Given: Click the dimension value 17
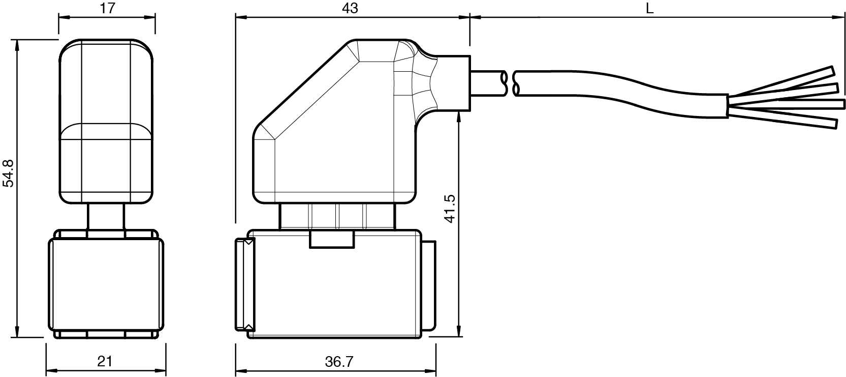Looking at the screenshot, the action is (x=108, y=8).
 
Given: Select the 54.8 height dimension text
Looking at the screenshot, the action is (x=8, y=173).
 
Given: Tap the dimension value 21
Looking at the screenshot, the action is (x=105, y=362).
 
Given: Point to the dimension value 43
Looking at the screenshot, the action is (x=350, y=8).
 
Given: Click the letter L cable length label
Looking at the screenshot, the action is (x=649, y=8).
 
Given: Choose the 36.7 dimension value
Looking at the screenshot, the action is (x=339, y=362).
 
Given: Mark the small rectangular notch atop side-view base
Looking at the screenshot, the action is (x=332, y=239).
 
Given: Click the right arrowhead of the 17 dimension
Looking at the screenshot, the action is (x=150, y=17).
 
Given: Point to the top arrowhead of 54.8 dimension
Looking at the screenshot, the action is (x=17, y=45).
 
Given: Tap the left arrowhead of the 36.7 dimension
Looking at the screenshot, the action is (x=240, y=370).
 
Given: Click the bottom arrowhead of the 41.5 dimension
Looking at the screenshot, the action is (x=459, y=331).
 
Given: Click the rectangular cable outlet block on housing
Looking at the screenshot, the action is (x=454, y=83).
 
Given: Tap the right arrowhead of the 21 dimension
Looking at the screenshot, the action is (x=161, y=370).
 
